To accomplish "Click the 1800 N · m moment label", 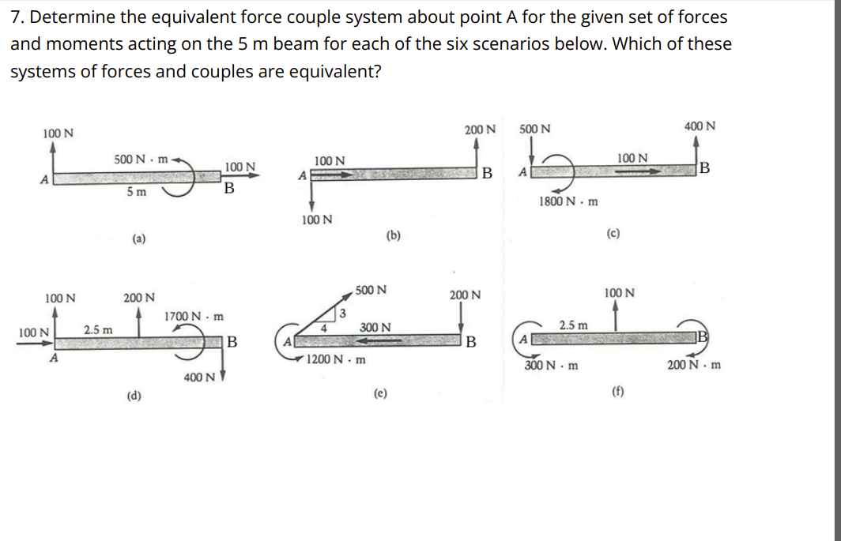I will [568, 201].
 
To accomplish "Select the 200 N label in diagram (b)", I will [480, 129].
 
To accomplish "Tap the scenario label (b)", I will [392, 235].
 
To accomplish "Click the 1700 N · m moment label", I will [194, 317].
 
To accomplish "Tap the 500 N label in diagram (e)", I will [371, 290].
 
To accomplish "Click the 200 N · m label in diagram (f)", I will [693, 366].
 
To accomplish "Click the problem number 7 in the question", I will [15, 17].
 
